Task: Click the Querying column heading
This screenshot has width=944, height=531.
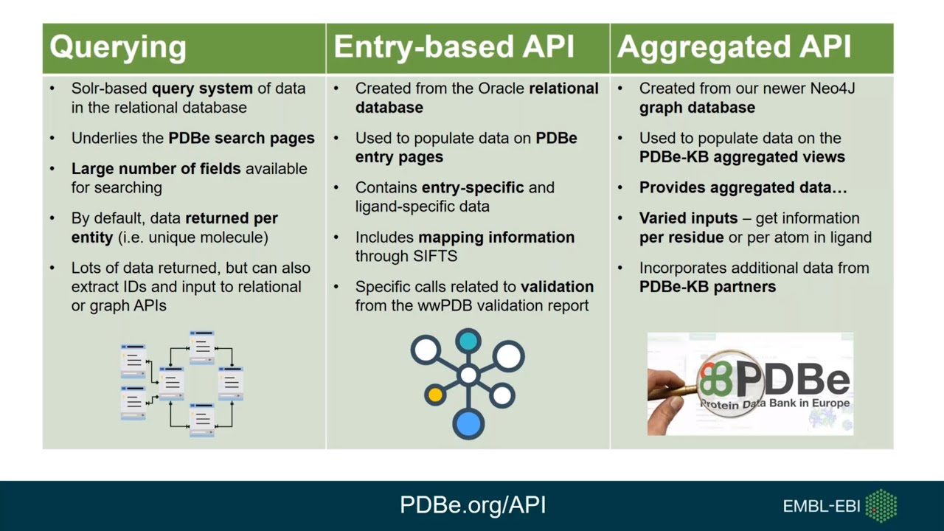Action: (x=117, y=47)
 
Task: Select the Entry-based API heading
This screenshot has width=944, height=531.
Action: (x=454, y=47)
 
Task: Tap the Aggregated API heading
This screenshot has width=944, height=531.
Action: (x=734, y=47)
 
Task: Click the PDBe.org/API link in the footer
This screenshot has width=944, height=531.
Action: (x=473, y=504)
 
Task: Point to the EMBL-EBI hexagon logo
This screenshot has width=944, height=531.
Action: (x=881, y=506)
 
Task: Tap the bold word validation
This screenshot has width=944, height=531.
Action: (x=557, y=287)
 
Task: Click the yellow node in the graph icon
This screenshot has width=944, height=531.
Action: (x=435, y=395)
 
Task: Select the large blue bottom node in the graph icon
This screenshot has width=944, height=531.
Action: (x=468, y=423)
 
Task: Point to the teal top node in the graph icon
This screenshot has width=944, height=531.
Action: (x=468, y=341)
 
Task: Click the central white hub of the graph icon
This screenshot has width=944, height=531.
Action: (x=468, y=375)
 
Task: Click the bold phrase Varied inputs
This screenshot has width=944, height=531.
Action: (x=688, y=218)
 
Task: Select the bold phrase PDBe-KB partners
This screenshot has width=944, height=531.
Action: (x=707, y=287)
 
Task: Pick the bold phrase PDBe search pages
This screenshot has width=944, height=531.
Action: (x=241, y=138)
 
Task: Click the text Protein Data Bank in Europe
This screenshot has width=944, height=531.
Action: (x=774, y=403)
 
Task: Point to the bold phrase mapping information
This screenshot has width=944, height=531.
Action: (x=496, y=237)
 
